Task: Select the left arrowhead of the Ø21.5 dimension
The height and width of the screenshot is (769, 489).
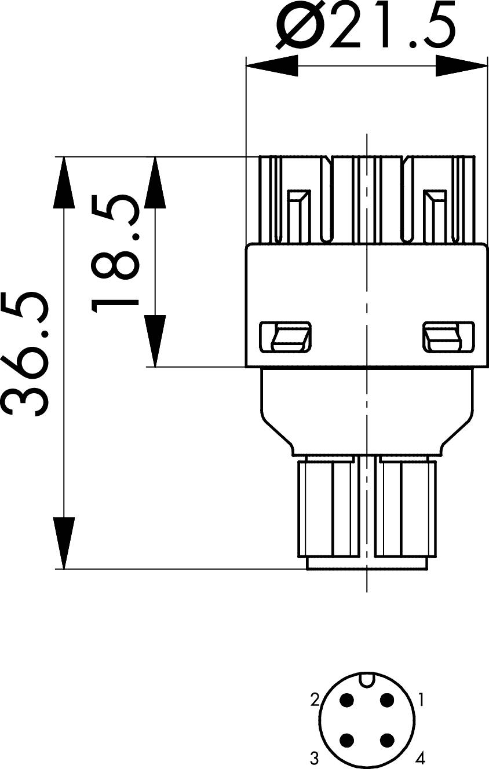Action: point(272,65)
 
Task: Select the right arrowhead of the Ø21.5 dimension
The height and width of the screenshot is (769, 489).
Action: point(461,65)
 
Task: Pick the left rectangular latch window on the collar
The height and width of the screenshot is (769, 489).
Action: point(286,337)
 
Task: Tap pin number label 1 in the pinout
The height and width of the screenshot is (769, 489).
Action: point(421,701)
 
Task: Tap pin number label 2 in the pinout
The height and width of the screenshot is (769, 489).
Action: point(315,701)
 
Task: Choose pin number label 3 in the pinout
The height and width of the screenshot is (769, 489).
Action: point(314,757)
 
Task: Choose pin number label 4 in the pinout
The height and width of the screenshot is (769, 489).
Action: point(421,757)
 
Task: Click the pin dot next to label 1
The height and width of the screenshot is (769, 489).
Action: point(386,700)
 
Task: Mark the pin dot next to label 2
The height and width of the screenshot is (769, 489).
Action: point(347,700)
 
